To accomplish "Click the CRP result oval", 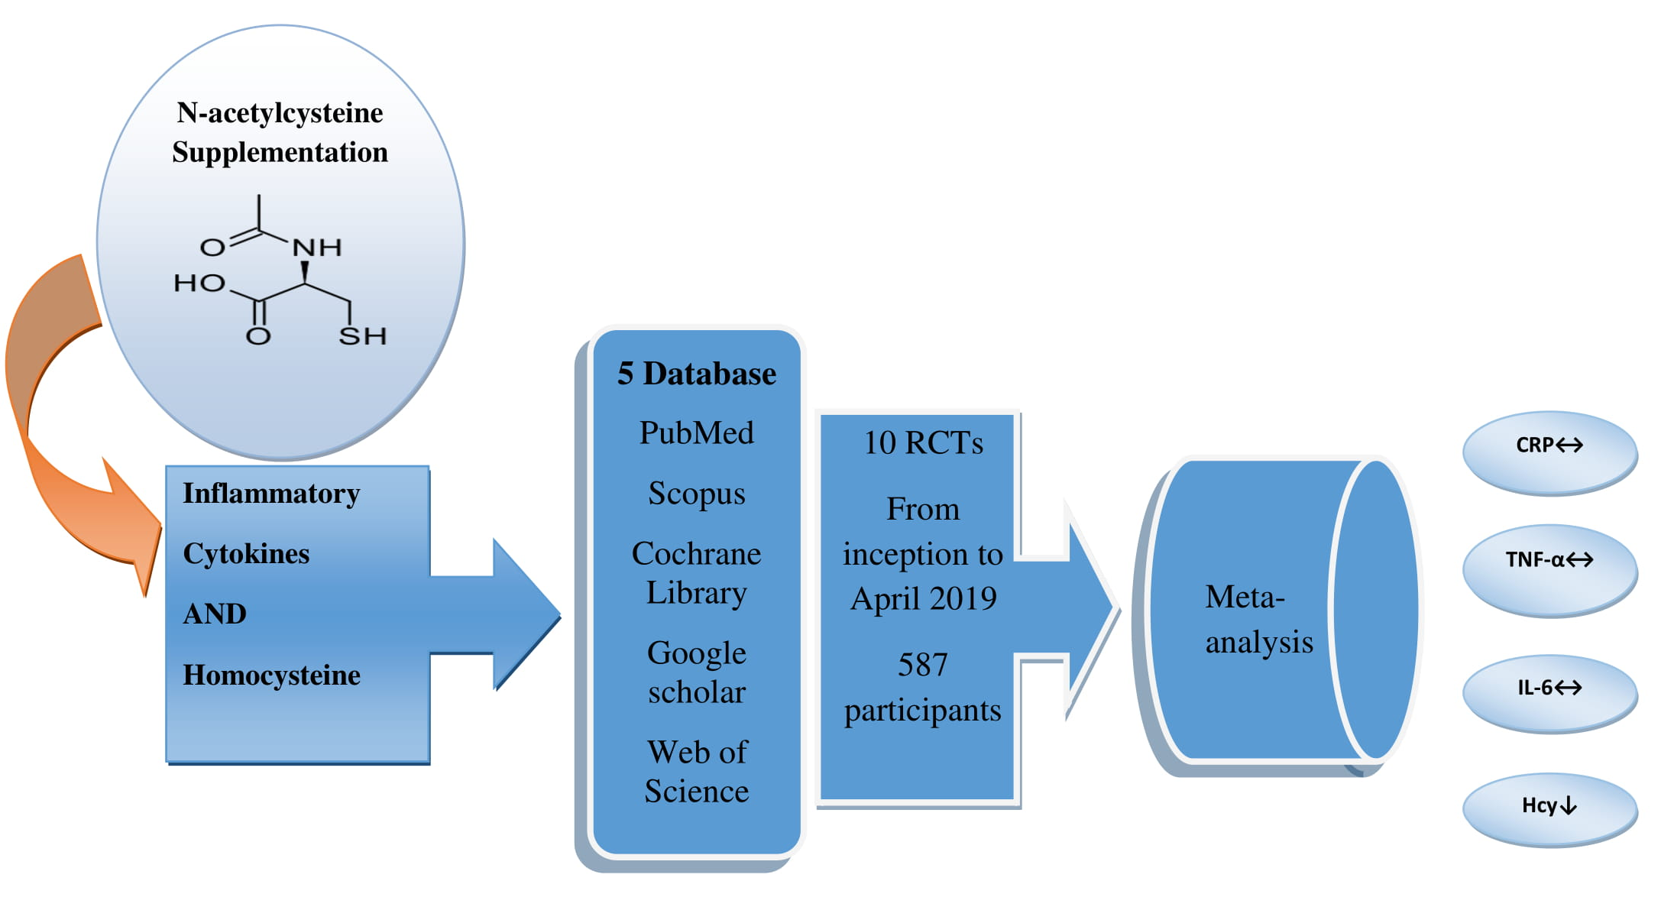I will pyautogui.click(x=1549, y=452).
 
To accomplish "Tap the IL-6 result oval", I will pyautogui.click(x=1549, y=692).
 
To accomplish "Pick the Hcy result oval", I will pyautogui.click(x=1549, y=809).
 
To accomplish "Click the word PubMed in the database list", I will pyautogui.click(x=696, y=433).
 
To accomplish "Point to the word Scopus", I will pyautogui.click(x=696, y=494).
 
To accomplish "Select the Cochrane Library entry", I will pyautogui.click(x=696, y=573).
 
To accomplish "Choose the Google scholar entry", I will pyautogui.click(x=696, y=672).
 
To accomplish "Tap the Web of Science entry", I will pyautogui.click(x=696, y=772).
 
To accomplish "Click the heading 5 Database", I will pyautogui.click(x=696, y=374).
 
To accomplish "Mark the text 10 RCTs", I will pyautogui.click(x=923, y=443).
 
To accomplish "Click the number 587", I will pyautogui.click(x=922, y=665).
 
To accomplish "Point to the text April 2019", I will pyautogui.click(x=923, y=599).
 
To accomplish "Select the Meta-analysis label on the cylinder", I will pyautogui.click(x=1258, y=619).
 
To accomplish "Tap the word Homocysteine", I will pyautogui.click(x=271, y=675).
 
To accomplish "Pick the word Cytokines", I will pyautogui.click(x=246, y=554).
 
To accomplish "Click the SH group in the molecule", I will pyautogui.click(x=363, y=336).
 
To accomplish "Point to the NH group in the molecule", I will pyautogui.click(x=317, y=248).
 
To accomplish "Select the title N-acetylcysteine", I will pyautogui.click(x=280, y=113).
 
